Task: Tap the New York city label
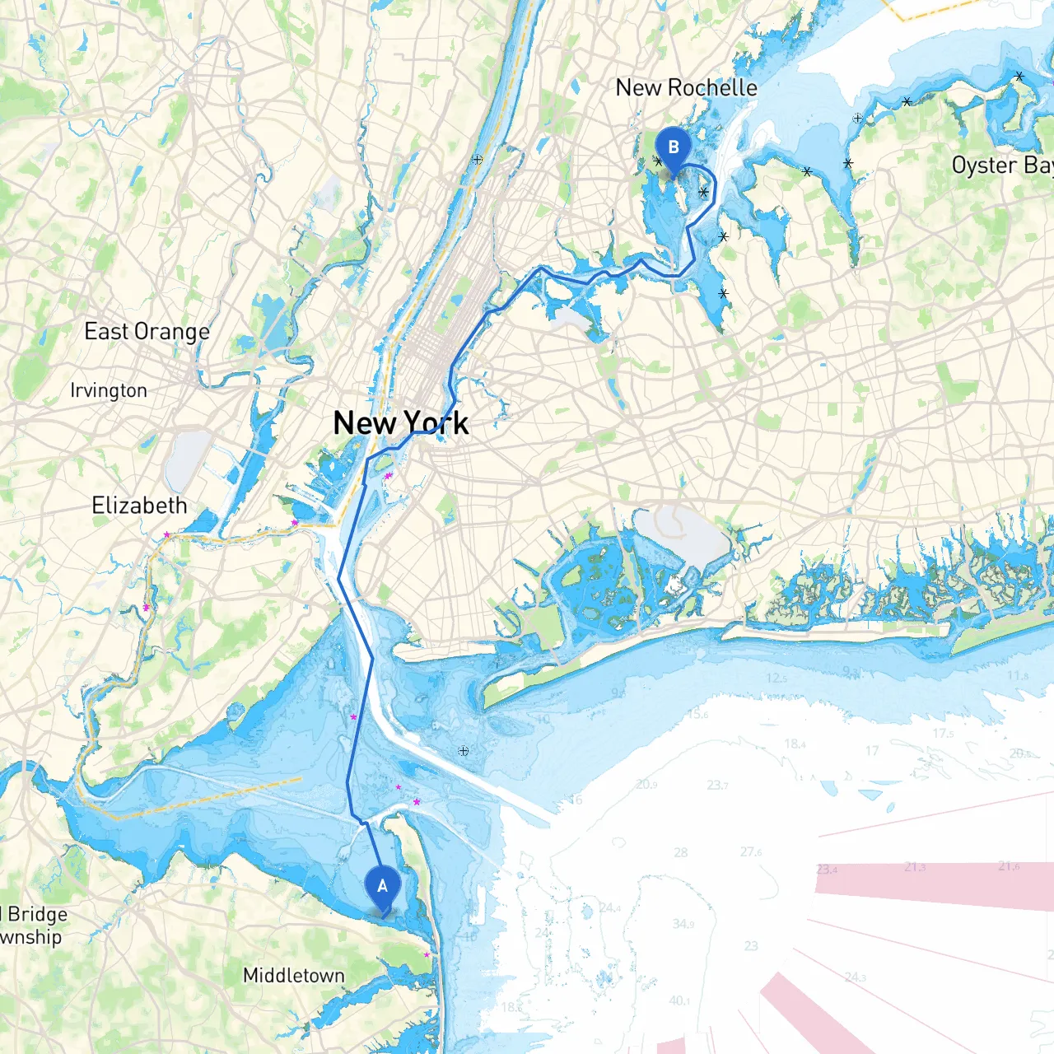(x=401, y=423)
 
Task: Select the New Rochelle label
(x=686, y=87)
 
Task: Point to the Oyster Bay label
(x=1001, y=165)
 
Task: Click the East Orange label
(x=147, y=332)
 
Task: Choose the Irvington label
(x=109, y=390)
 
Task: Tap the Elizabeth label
(x=139, y=506)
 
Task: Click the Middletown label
(x=293, y=976)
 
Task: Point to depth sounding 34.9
(x=683, y=923)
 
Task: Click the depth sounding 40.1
(x=679, y=1000)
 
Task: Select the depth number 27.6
(x=751, y=851)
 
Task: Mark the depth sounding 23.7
(x=717, y=785)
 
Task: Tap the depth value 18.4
(x=795, y=744)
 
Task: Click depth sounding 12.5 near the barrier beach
(x=777, y=678)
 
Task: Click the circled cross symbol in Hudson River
(x=478, y=159)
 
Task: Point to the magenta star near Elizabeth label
(x=166, y=534)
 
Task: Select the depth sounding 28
(x=681, y=852)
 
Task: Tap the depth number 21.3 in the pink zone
(x=915, y=867)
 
